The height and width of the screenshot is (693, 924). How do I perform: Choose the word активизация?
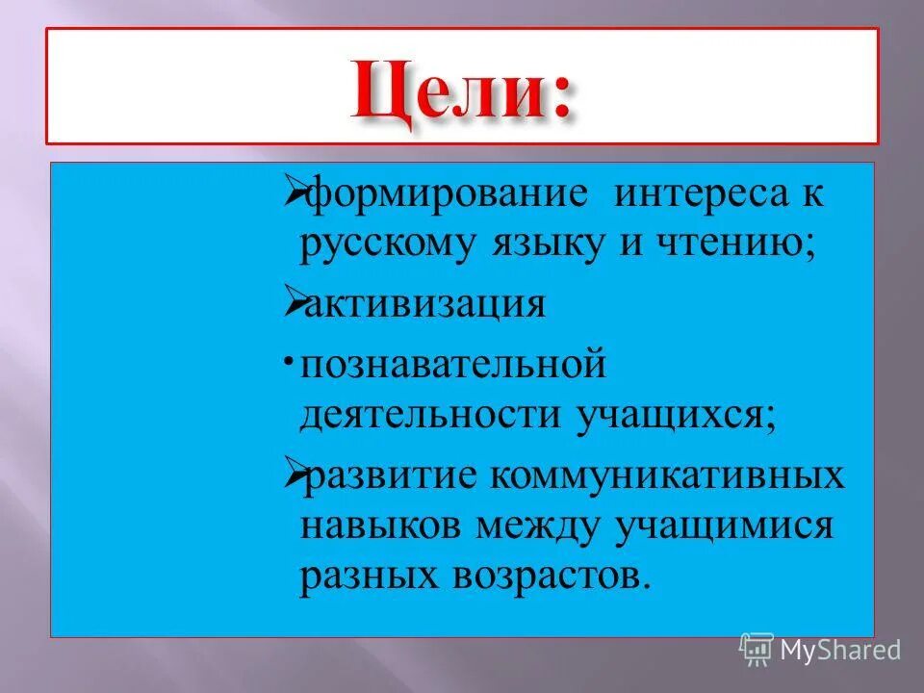pos(423,305)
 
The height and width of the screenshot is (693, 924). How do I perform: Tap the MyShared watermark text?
pos(839,650)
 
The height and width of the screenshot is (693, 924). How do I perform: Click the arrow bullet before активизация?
pos(294,303)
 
